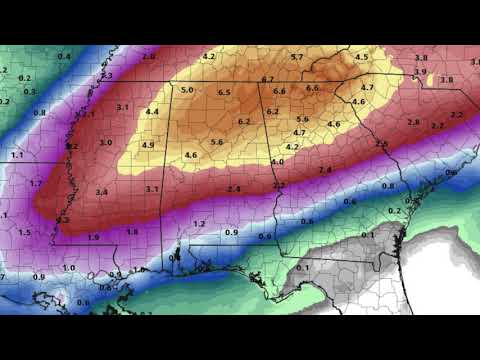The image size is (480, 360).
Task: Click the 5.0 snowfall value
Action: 187,91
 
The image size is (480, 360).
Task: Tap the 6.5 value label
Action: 224,93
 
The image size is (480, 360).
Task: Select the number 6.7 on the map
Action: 268,79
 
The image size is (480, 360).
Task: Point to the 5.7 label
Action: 297,57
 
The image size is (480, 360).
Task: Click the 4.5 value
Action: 362,57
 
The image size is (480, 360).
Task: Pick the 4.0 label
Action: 277,161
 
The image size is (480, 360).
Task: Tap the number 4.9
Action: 148,146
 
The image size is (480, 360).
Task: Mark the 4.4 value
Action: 152,112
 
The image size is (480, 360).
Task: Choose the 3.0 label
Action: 106,143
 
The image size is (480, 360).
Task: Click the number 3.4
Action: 102,191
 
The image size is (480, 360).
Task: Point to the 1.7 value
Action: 36,184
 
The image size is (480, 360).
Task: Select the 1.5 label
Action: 25,232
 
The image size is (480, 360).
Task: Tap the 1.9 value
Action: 94,237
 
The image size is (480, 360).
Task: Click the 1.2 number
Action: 199,223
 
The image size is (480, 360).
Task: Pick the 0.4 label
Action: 64,57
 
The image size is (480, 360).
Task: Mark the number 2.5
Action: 381,145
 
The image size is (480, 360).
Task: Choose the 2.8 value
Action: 414,121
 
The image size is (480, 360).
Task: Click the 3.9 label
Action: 420,72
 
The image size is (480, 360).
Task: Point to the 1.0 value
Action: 69,268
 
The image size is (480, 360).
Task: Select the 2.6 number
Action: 149,56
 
